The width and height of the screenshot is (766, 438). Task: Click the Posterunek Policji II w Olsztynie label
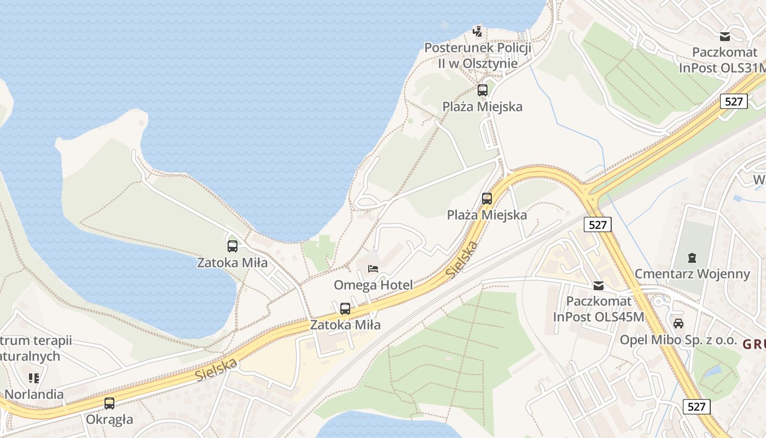click(478, 55)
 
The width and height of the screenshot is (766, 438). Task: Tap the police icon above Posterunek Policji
click(478, 31)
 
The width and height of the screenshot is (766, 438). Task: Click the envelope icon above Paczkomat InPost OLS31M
click(725, 37)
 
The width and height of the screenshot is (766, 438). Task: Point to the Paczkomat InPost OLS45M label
click(599, 309)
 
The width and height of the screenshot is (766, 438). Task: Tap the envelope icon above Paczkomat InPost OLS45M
click(599, 285)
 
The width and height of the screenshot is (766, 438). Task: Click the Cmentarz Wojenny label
click(692, 274)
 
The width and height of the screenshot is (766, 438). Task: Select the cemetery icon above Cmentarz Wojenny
click(692, 257)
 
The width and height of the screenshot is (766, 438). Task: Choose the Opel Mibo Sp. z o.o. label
click(678, 339)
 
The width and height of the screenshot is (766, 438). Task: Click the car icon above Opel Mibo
click(678, 323)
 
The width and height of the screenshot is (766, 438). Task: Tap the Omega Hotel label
click(373, 285)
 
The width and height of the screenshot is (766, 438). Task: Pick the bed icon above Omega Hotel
click(373, 268)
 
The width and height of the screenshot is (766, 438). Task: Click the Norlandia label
click(34, 394)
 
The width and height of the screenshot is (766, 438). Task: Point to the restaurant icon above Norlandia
click(34, 378)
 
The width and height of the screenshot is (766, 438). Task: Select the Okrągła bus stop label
click(109, 420)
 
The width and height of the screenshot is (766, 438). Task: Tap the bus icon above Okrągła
click(109, 404)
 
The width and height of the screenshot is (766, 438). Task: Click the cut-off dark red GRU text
click(754, 344)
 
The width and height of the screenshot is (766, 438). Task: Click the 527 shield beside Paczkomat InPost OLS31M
click(733, 101)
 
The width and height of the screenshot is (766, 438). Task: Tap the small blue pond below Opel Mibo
click(712, 372)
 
